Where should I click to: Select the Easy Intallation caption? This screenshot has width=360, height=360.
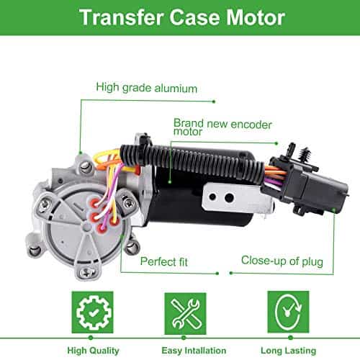(181, 348)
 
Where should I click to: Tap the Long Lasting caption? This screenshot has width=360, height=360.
(283, 348)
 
